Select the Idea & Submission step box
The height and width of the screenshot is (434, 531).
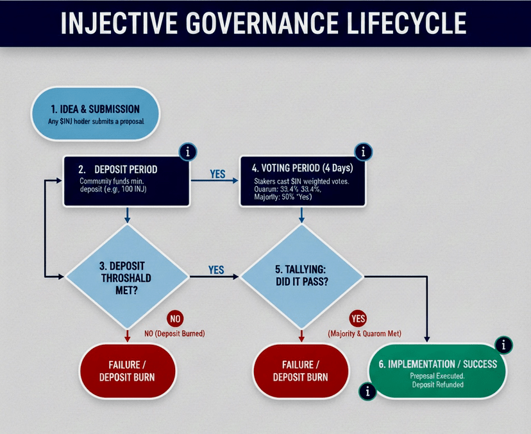click(x=94, y=114)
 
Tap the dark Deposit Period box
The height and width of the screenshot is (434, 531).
click(x=126, y=180)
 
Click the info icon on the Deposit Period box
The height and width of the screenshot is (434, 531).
click(x=187, y=152)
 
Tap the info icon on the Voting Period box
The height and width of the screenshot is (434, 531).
click(x=363, y=152)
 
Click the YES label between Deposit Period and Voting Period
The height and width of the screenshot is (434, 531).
click(x=217, y=174)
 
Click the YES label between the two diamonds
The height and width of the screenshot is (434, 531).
click(x=217, y=270)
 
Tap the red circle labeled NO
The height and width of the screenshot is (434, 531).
click(x=175, y=318)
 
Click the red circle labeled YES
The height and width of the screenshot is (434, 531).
click(x=358, y=318)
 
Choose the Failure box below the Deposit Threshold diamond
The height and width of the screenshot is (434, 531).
click(x=126, y=370)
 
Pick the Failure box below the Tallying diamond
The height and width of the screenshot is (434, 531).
click(x=301, y=370)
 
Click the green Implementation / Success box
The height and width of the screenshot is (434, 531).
click(x=437, y=370)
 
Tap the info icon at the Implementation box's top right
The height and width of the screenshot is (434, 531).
click(x=504, y=345)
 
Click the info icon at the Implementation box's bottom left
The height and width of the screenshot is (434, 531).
click(x=367, y=391)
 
